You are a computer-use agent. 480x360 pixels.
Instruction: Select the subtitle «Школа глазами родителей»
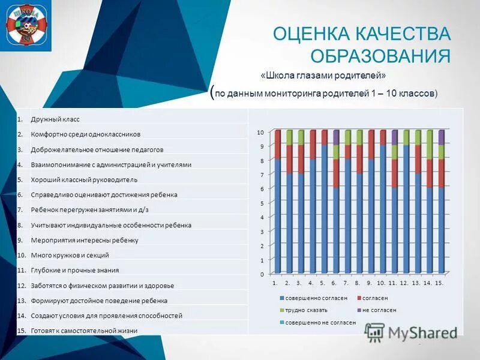[x=323, y=75]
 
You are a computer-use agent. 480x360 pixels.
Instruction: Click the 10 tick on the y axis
[x=260, y=132]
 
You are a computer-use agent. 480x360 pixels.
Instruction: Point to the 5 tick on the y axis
[x=262, y=203]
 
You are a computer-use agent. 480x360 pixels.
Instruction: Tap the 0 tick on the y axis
[x=262, y=274]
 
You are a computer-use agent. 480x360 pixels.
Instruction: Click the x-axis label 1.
[x=274, y=283]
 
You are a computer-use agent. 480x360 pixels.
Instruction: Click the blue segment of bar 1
[x=278, y=216]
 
